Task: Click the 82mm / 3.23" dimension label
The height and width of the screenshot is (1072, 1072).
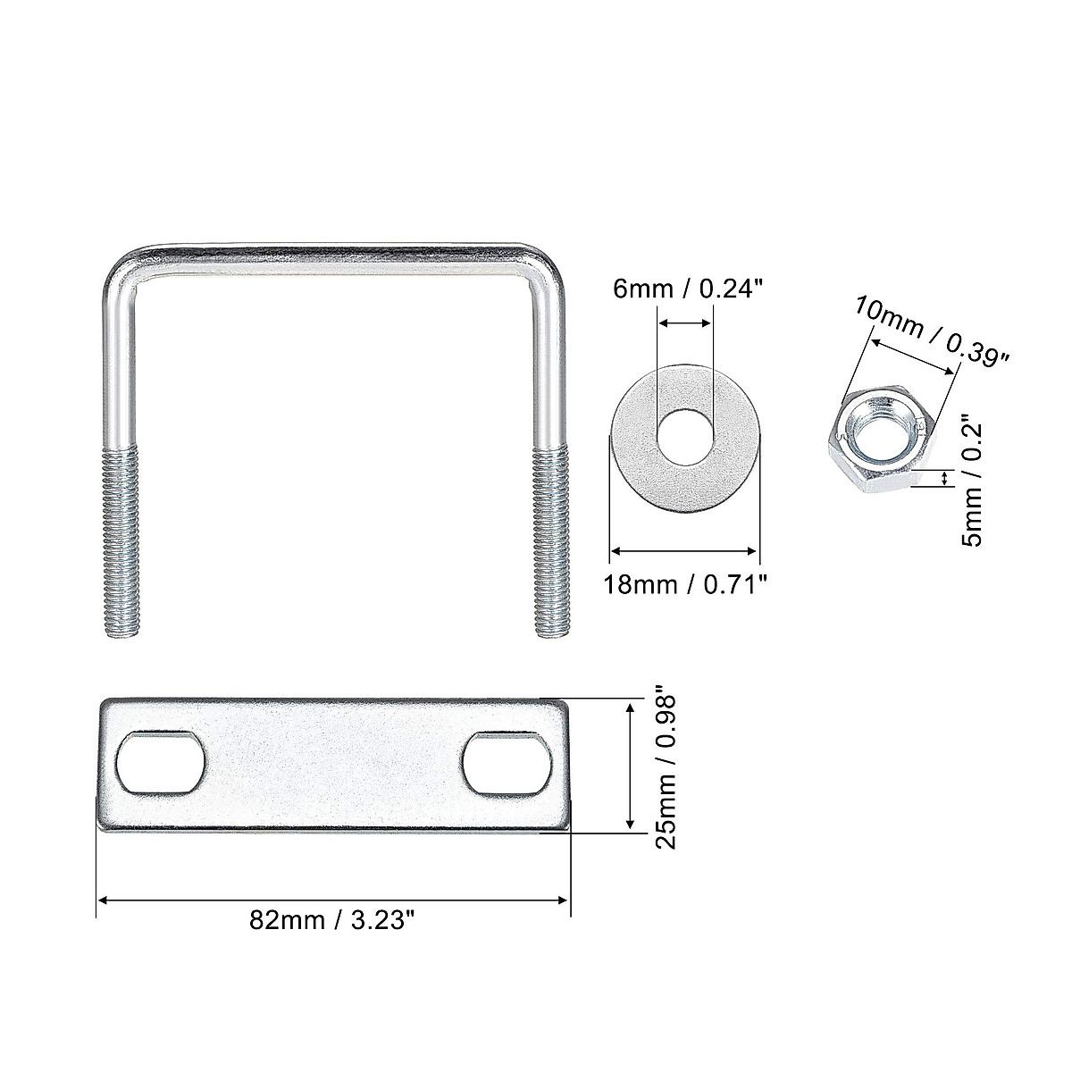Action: click(x=332, y=921)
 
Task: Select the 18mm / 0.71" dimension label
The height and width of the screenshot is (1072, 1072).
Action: click(x=685, y=585)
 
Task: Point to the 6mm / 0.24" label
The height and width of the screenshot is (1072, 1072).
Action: click(x=686, y=289)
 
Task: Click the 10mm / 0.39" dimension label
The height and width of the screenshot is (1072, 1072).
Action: click(x=932, y=331)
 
